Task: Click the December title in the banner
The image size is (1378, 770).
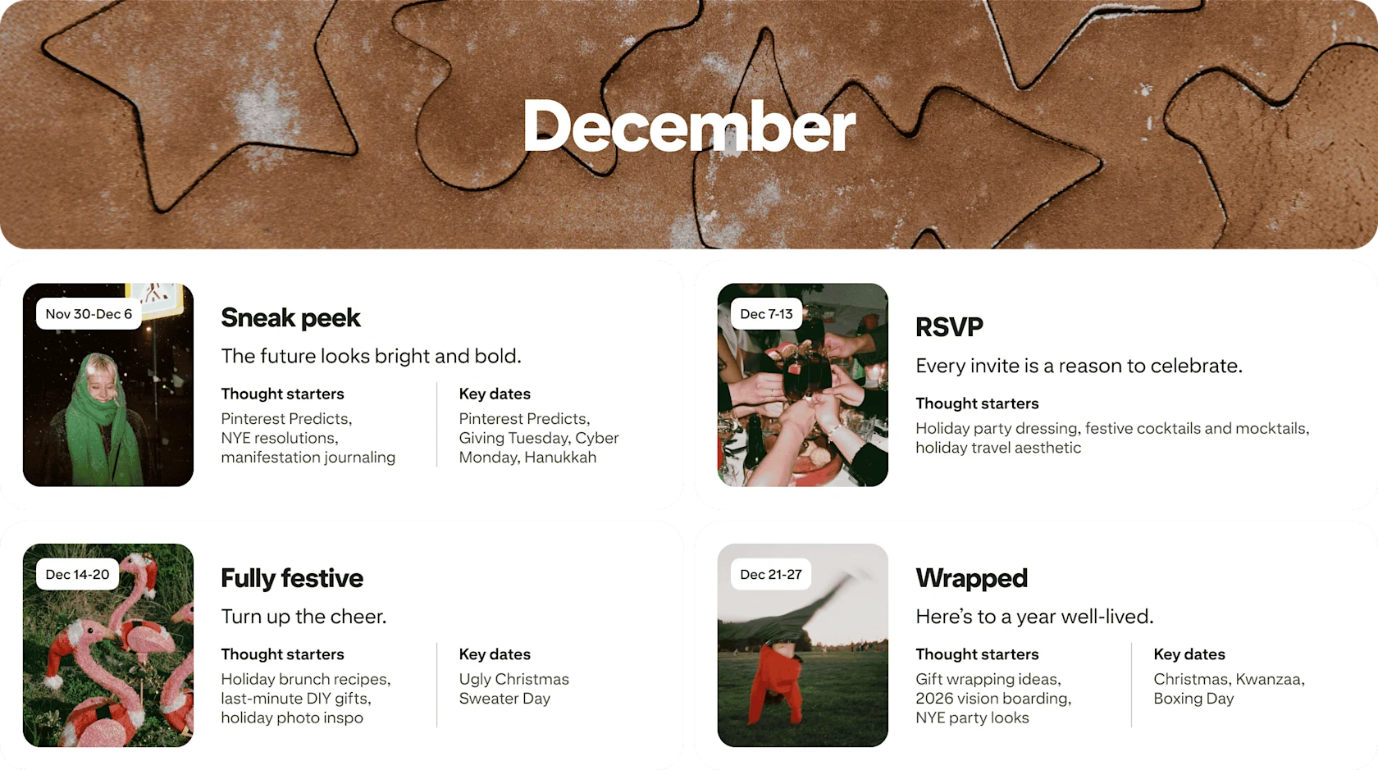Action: (x=689, y=127)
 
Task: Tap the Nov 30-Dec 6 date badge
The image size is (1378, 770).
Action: (x=89, y=314)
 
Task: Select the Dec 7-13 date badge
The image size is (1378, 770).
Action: (x=766, y=314)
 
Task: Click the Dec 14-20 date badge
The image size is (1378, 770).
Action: (x=77, y=574)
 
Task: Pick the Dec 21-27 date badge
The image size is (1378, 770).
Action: (x=770, y=574)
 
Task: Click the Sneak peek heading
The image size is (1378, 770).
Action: (x=290, y=318)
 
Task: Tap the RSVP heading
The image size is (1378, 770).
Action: (x=949, y=327)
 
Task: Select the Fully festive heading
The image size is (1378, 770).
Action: (x=291, y=578)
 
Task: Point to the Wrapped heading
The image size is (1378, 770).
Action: (x=971, y=578)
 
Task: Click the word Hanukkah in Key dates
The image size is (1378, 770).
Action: (x=560, y=458)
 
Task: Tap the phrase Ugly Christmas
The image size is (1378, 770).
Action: (x=513, y=679)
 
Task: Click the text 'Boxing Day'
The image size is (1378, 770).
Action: (x=1193, y=699)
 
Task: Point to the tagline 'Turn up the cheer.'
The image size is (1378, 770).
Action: (x=303, y=617)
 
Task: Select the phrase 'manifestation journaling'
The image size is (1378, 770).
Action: (x=308, y=458)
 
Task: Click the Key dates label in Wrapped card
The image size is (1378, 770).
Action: (x=1189, y=654)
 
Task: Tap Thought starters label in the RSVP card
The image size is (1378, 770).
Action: (x=977, y=403)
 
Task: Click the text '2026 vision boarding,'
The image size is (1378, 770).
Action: (x=993, y=699)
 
